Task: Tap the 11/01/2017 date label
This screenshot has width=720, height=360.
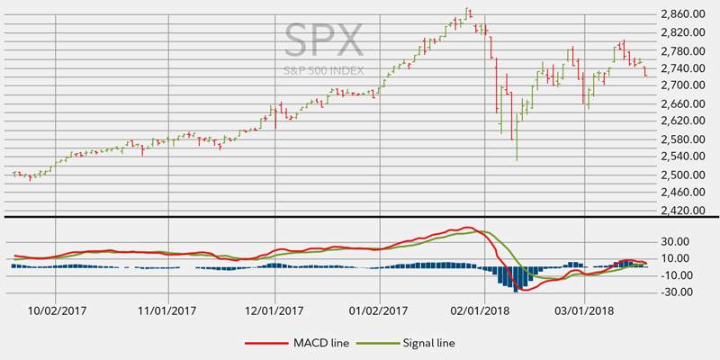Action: pyautogui.click(x=166, y=310)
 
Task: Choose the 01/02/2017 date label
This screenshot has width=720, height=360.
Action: pyautogui.click(x=377, y=310)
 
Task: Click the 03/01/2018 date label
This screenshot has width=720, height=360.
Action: pyautogui.click(x=584, y=310)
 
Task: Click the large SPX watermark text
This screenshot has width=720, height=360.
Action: pyautogui.click(x=325, y=40)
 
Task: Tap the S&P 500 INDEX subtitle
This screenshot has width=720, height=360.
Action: pyautogui.click(x=325, y=69)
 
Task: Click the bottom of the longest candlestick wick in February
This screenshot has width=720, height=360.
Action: pyautogui.click(x=517, y=160)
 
